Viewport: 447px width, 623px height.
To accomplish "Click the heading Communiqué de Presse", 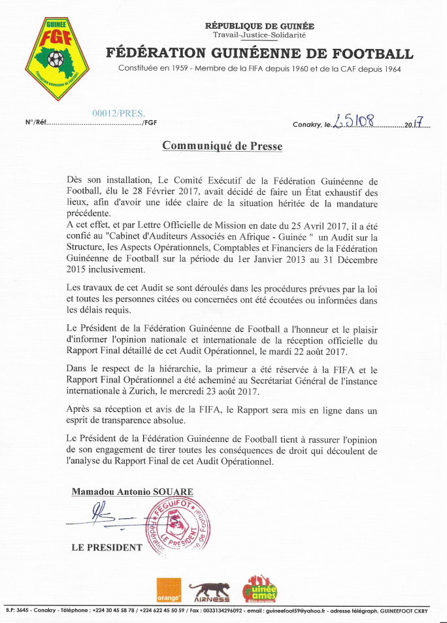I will pyautogui.click(x=222, y=146).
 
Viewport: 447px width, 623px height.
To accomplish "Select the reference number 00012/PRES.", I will pyautogui.click(x=118, y=112).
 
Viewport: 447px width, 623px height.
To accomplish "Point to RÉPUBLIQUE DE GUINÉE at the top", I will pyautogui.click(x=259, y=26).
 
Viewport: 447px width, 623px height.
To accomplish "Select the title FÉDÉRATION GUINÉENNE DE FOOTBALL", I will pyautogui.click(x=259, y=54).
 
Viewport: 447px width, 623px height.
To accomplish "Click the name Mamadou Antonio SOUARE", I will pyautogui.click(x=133, y=492).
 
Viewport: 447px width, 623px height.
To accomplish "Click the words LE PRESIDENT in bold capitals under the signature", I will pyautogui.click(x=107, y=547).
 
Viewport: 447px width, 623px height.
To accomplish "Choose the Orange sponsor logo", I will pyautogui.click(x=168, y=590).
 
